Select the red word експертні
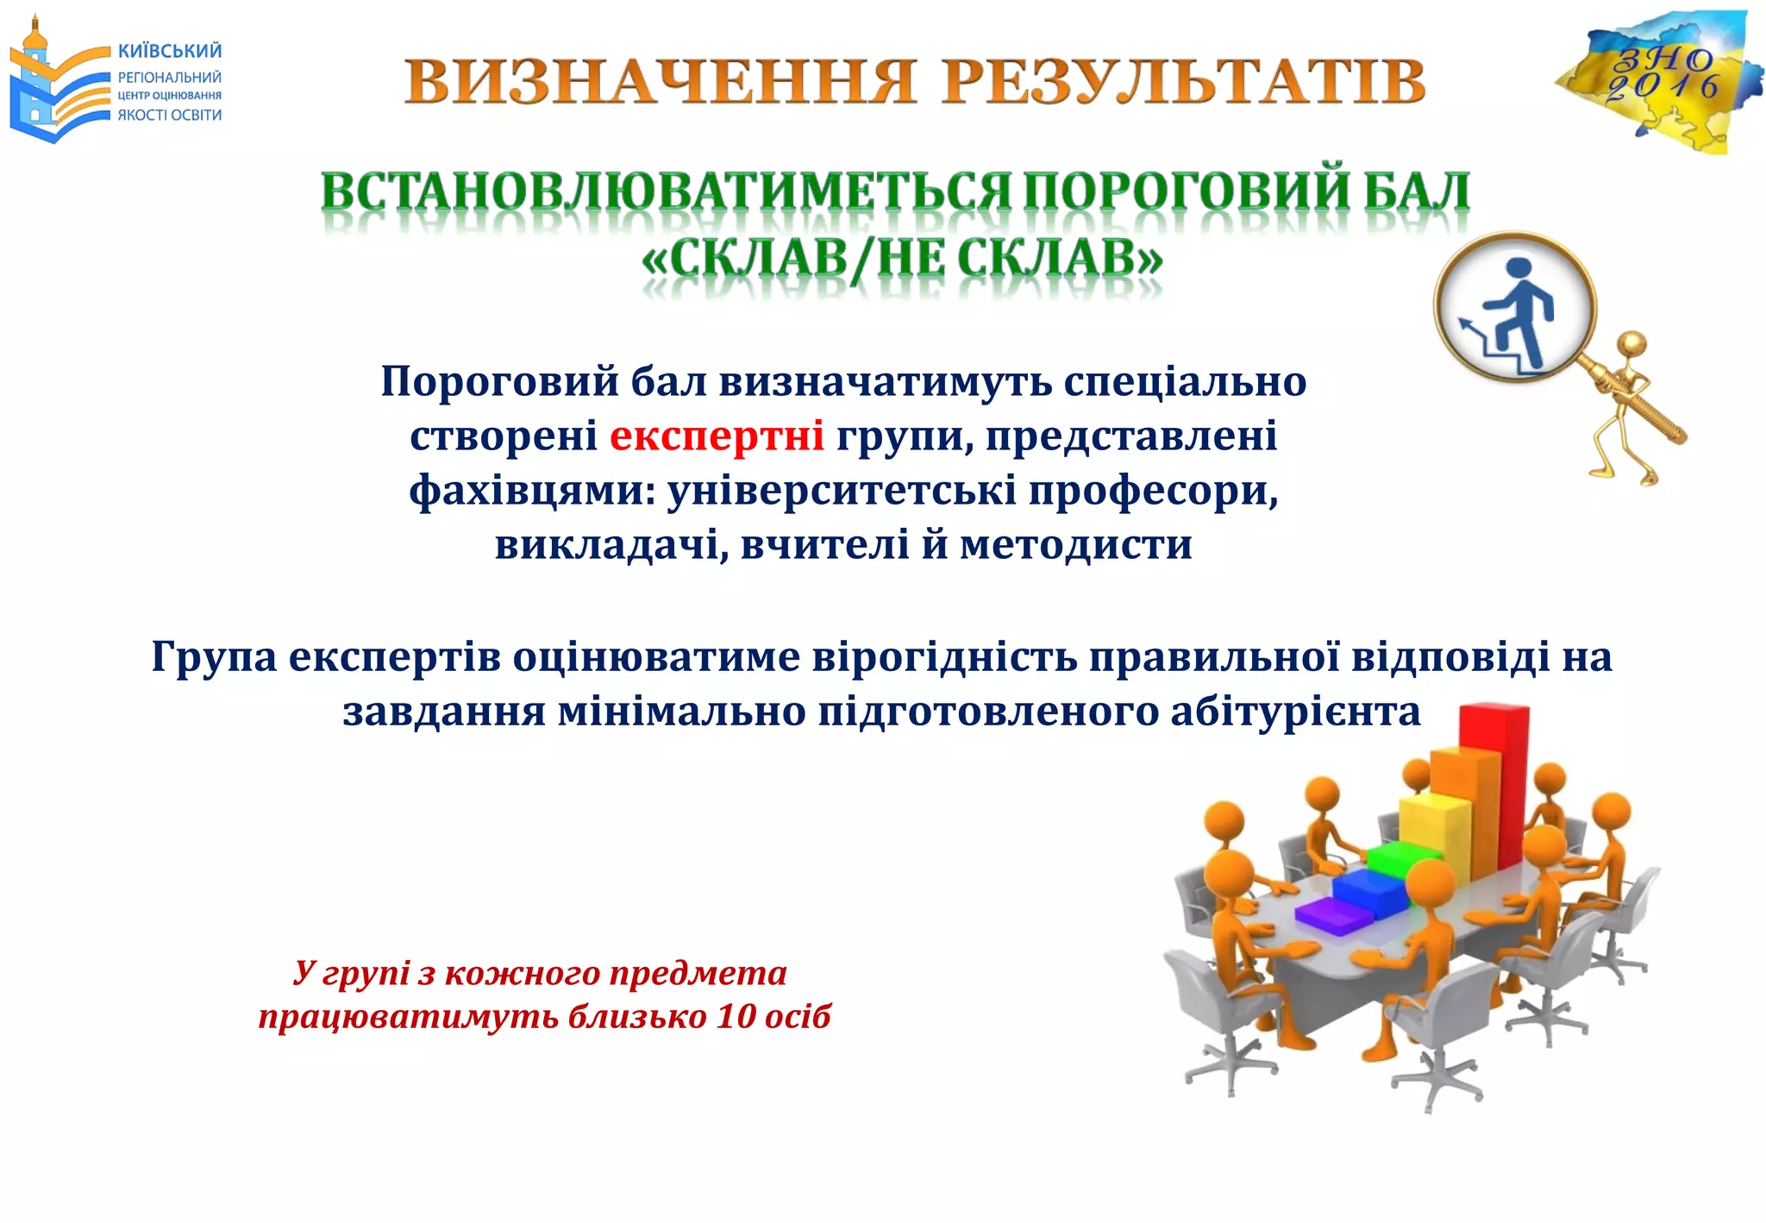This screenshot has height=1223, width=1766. click(717, 436)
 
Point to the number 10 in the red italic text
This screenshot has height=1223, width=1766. click(736, 1016)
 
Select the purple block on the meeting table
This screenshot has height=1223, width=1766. click(1333, 915)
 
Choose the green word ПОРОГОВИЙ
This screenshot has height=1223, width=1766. click(1185, 191)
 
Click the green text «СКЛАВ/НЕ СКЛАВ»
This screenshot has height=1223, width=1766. click(902, 259)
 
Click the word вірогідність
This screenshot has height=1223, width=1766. click(944, 657)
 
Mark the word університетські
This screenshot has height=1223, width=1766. click(842, 491)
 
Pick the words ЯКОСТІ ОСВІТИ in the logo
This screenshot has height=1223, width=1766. click(170, 116)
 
